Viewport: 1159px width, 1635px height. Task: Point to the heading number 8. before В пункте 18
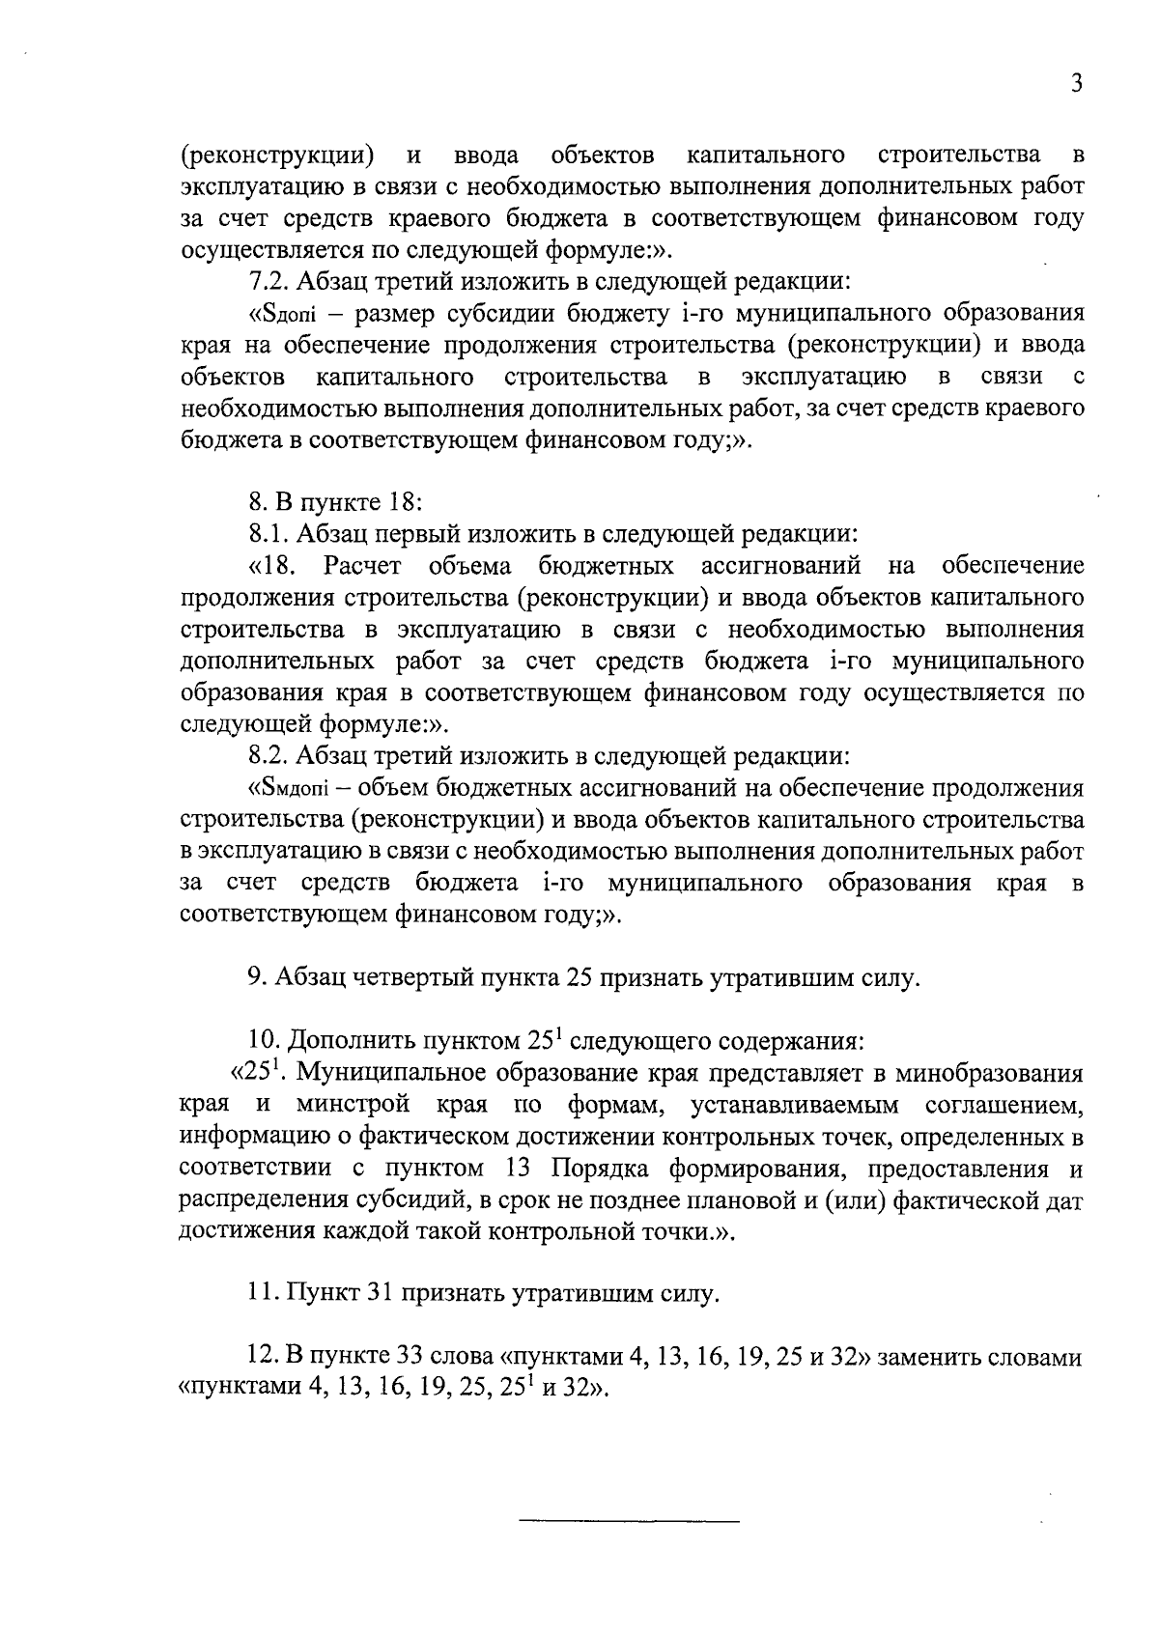(257, 502)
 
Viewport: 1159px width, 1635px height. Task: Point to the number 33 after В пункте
(411, 1357)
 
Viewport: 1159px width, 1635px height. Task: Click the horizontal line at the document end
(629, 1523)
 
